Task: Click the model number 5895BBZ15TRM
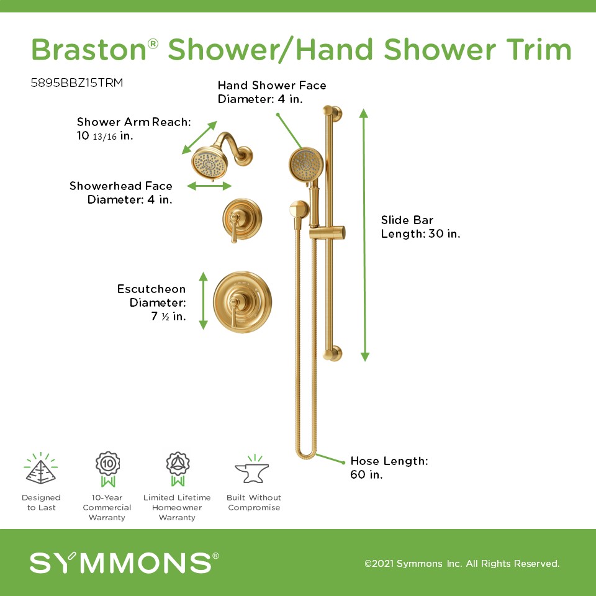77,83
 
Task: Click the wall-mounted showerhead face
209,163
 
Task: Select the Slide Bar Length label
420,227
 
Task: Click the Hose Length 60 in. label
389,467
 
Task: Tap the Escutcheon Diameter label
151,302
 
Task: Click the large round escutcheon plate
243,302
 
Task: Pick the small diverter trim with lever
242,220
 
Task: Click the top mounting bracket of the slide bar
333,113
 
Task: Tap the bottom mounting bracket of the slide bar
333,353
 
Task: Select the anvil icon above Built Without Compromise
252,470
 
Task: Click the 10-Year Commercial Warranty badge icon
107,469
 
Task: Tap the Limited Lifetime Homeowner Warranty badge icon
178,469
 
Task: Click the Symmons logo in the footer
124,562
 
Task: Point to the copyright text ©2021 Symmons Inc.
462,563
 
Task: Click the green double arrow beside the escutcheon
204,300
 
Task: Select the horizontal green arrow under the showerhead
209,186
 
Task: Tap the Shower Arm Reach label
134,129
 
